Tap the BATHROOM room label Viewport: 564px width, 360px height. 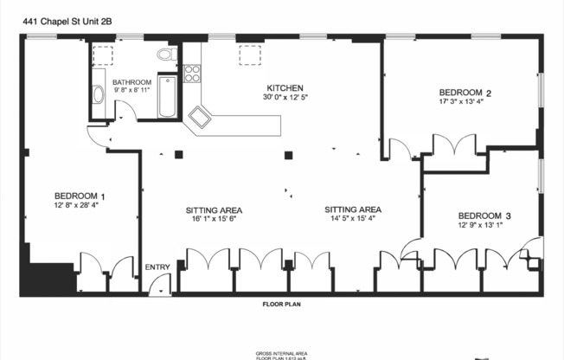pos(132,82)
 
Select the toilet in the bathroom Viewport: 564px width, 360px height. pos(167,55)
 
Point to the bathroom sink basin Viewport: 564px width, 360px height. pos(98,94)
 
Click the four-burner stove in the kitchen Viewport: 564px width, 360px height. pos(192,74)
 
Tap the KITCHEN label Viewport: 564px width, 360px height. pos(285,88)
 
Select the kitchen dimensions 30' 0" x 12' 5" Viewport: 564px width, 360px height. pos(285,98)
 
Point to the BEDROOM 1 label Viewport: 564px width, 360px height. pos(80,196)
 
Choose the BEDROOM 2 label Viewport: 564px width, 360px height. pos(465,93)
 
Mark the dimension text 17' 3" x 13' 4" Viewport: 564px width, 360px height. pos(465,102)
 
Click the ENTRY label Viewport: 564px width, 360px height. pos(157,267)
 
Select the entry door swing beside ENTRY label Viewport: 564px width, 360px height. pos(159,285)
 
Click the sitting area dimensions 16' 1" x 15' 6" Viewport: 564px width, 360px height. pos(214,220)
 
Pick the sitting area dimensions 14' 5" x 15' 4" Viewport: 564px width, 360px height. pos(353,219)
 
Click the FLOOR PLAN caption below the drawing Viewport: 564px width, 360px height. pos(281,305)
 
